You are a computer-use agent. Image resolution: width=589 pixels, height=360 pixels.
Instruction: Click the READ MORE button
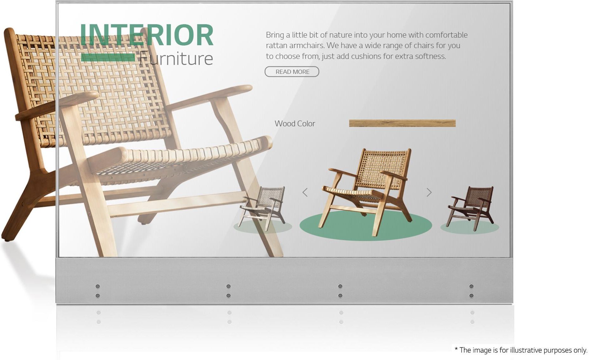pos(292,72)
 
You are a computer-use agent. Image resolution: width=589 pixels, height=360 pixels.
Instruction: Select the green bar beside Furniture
pos(108,58)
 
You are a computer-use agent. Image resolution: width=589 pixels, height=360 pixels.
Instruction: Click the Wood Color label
pos(295,123)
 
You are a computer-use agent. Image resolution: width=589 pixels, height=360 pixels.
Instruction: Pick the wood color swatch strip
pos(402,123)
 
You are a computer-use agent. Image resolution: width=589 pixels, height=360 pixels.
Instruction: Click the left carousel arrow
pos(305,192)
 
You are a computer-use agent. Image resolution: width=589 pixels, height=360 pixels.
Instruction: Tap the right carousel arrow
pos(429,192)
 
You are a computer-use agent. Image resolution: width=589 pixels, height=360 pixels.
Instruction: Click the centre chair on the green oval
pos(367,192)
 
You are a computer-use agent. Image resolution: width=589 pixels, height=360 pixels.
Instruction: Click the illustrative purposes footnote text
pos(521,350)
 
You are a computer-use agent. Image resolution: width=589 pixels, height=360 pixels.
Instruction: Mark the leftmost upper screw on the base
pos(98,286)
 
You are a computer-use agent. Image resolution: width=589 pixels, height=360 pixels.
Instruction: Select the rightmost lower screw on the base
pos(472,296)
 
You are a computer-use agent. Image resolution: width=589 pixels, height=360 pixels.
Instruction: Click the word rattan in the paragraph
pos(276,46)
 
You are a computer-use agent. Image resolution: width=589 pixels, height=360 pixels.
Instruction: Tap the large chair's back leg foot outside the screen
pos(7,236)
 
